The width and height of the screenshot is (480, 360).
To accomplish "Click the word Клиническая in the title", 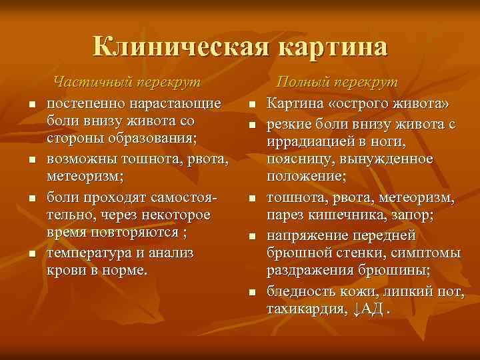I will [180, 47].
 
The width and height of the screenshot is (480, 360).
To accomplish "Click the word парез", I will [286, 215].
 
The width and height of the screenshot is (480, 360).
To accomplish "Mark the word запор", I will [412, 215].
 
